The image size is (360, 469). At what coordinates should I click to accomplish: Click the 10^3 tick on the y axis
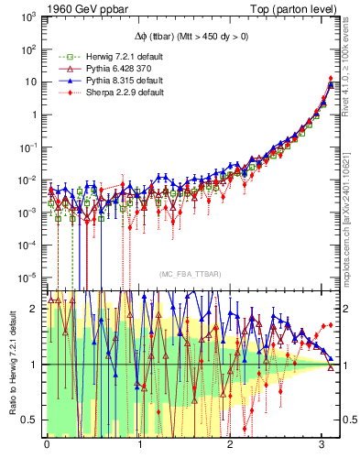coord(29,16)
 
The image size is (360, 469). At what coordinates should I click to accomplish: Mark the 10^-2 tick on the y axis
coord(29,180)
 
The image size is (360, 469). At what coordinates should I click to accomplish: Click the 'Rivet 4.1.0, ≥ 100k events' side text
coord(352,72)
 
